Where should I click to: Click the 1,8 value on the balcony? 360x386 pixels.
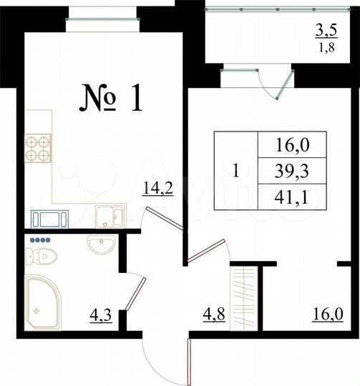(x=326, y=49)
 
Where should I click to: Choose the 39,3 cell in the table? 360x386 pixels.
(x=291, y=170)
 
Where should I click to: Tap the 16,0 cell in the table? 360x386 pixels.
(x=291, y=146)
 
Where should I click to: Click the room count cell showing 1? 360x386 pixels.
(x=236, y=170)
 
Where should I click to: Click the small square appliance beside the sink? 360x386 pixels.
(x=110, y=214)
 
